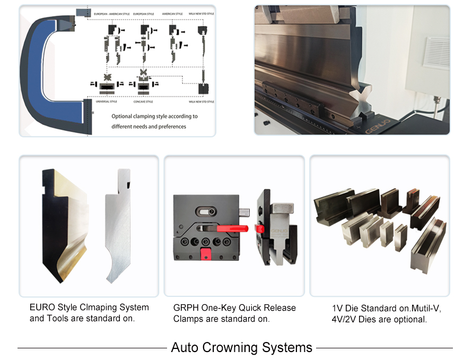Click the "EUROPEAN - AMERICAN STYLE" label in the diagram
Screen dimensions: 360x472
pos(111,14)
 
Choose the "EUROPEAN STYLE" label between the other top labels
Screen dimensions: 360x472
pos(144,14)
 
